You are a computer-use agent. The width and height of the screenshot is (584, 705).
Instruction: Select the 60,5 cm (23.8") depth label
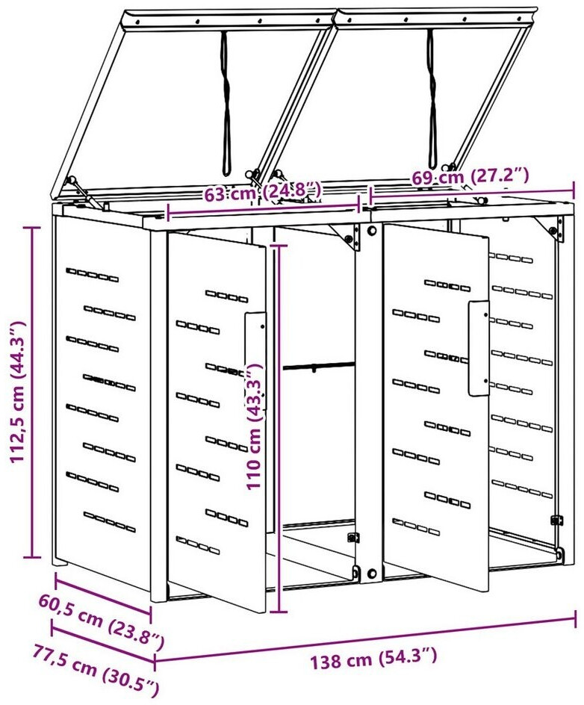click(102, 622)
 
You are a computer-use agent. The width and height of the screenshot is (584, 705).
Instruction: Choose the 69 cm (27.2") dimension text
click(470, 176)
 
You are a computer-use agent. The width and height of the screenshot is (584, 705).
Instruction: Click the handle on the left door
click(255, 361)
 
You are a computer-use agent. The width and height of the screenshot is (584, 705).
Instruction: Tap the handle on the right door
click(479, 348)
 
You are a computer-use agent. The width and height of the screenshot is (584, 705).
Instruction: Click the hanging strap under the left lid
click(226, 103)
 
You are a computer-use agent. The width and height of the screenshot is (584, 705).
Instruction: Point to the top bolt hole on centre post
click(372, 231)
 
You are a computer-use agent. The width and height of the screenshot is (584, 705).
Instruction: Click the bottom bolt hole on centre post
click(371, 574)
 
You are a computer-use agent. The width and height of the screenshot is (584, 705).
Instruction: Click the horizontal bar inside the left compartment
click(319, 367)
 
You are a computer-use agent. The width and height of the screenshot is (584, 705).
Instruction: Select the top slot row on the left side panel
click(92, 275)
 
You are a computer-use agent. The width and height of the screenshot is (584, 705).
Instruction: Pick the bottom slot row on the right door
click(416, 527)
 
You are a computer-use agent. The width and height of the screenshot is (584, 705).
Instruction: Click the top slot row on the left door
click(226, 296)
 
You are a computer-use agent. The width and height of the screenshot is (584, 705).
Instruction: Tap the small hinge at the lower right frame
click(556, 520)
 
